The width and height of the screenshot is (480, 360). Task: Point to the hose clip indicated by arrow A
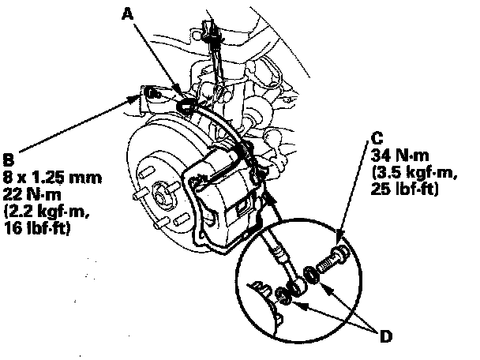(x=187, y=103)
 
